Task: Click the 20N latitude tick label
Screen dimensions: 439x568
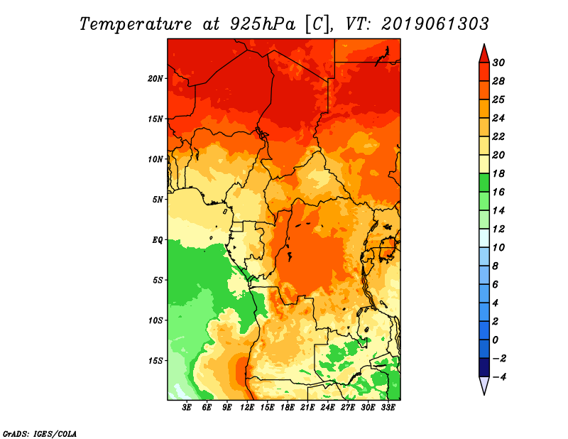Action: point(155,78)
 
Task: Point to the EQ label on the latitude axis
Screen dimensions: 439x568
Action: point(157,239)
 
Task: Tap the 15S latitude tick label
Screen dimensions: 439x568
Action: point(155,360)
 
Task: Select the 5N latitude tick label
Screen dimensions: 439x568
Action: point(158,200)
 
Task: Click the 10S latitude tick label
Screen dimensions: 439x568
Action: point(155,320)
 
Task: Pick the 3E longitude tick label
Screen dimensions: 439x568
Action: point(187,408)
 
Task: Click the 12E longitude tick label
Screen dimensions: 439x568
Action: point(247,408)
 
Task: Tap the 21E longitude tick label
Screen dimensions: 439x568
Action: point(307,408)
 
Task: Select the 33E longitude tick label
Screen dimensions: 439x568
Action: point(388,408)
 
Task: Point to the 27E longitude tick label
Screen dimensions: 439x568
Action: point(348,408)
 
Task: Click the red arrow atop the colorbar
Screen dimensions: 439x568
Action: point(484,53)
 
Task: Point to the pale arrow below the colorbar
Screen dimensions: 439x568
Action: point(484,386)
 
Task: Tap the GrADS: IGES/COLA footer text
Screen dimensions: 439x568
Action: point(40,433)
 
